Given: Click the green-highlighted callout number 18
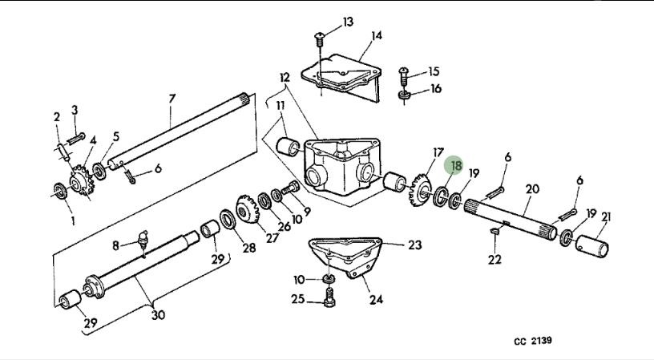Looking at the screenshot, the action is pos(455,166).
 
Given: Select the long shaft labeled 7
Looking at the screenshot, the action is pos(180,131).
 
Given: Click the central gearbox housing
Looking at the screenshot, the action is pos(342,167).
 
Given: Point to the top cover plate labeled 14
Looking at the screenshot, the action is pos(341,76).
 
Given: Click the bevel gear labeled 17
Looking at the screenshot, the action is pos(420,191).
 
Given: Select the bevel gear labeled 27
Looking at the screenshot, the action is pos(248,210).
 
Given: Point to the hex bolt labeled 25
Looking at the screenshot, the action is pos(329,297).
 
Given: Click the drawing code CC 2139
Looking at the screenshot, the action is pos(533,341).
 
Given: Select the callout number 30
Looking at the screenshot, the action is pos(158,314).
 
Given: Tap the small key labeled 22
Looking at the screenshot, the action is pos(495,229).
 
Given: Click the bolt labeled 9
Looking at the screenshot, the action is pos(291,189).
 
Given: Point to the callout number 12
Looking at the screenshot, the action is pos(285,78).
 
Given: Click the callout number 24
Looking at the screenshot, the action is pos(376,300).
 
